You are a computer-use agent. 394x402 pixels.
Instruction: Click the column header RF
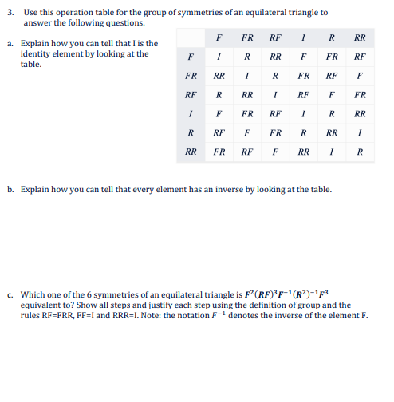pyautogui.click(x=275, y=37)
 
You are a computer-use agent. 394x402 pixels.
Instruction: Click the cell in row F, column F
pyautogui.click(x=219, y=57)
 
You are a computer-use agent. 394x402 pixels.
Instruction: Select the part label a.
pyautogui.click(x=12, y=44)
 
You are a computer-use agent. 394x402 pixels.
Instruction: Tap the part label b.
pyautogui.click(x=12, y=191)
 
